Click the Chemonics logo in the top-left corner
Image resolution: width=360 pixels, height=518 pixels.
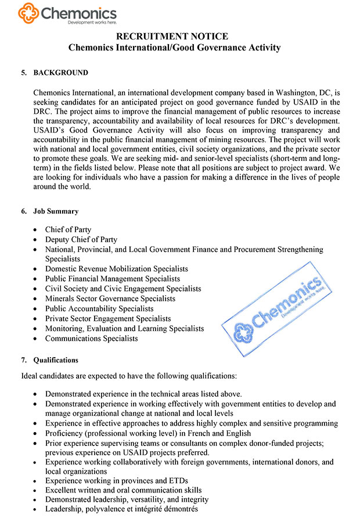click(67, 13)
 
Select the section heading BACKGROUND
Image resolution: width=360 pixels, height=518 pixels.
click(61, 73)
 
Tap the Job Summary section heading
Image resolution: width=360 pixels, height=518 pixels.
click(56, 211)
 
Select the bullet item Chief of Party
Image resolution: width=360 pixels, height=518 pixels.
click(68, 229)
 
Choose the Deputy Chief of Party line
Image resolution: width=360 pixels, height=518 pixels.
click(81, 239)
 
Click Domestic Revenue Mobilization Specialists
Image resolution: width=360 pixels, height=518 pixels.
click(116, 269)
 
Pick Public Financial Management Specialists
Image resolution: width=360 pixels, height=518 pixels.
click(112, 279)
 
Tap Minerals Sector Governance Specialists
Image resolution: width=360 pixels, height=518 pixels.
click(110, 298)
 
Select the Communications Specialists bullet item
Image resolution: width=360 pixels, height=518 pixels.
click(91, 338)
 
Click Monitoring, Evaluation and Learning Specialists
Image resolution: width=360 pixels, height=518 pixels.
click(124, 328)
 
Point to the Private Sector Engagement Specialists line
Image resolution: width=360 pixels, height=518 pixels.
click(107, 318)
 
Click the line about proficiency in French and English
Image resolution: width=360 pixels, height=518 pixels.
click(148, 433)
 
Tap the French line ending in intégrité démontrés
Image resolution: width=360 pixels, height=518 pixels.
click(121, 509)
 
